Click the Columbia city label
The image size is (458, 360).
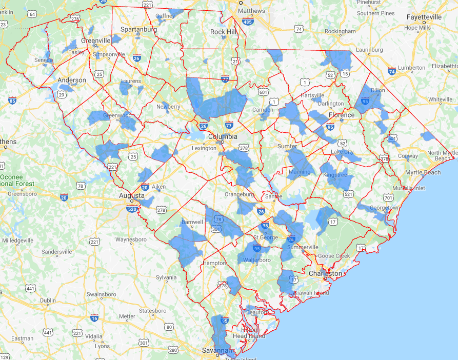[223, 136]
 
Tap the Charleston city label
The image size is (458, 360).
[325, 274]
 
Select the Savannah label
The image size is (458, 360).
[216, 350]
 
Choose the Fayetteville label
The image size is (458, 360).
[424, 17]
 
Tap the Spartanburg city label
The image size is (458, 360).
[138, 29]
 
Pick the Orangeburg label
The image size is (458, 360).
[239, 194]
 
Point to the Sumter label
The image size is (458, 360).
[288, 147]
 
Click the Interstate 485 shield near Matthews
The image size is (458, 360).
[248, 22]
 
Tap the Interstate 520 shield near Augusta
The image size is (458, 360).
[132, 209]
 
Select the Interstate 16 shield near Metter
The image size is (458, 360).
[94, 318]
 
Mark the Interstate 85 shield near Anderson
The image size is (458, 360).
[12, 100]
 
